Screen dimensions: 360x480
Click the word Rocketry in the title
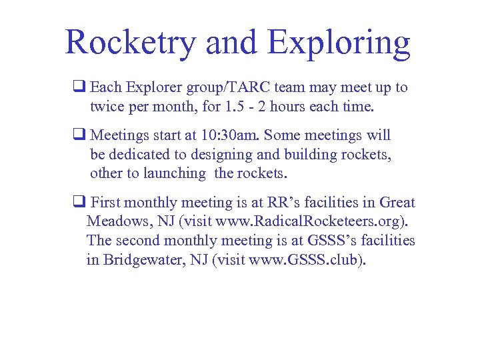point(131,43)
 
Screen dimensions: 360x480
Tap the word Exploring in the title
point(339,43)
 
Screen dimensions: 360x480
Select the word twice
point(107,106)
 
